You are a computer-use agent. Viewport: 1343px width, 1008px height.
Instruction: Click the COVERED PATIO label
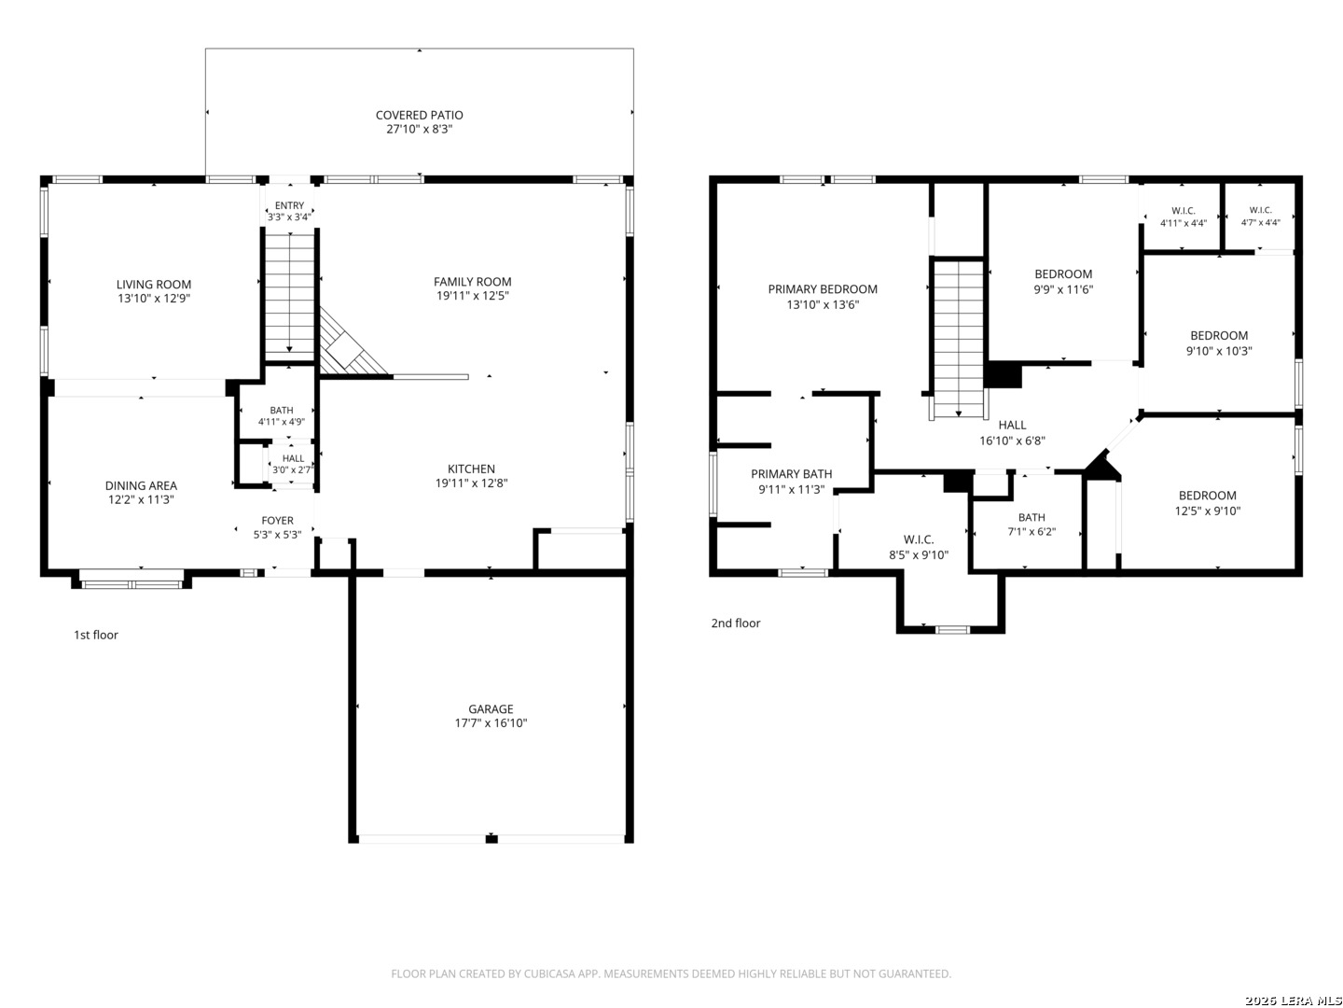point(419,115)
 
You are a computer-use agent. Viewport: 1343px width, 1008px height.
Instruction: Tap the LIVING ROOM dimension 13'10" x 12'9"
point(154,299)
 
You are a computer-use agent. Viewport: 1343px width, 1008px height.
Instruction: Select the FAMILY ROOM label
point(472,282)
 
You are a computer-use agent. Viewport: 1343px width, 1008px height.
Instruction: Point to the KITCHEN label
point(471,469)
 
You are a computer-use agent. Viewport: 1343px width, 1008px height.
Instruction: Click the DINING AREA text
point(141,485)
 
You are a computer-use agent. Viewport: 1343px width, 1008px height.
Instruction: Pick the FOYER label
point(277,520)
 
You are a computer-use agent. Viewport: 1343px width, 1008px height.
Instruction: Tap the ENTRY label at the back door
point(289,205)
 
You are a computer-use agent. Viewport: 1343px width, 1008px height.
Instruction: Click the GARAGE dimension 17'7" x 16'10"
point(491,722)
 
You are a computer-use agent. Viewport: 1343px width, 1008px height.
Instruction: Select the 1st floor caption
point(96,635)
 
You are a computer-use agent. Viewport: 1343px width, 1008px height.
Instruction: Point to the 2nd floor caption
point(736,623)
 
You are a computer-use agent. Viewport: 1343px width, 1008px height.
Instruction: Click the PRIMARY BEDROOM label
point(823,289)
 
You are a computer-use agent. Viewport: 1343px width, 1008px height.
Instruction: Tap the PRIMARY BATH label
point(791,474)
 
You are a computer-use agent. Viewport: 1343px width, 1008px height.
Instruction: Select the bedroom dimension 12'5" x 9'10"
point(1207,511)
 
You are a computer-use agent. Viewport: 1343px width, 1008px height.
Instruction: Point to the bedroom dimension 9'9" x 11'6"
point(1063,289)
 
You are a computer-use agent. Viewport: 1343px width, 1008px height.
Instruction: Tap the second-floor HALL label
point(1012,425)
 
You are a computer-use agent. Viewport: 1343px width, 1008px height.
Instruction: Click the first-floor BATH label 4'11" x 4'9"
point(282,410)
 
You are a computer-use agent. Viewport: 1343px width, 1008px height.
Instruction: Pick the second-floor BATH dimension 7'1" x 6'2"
point(1031,531)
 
